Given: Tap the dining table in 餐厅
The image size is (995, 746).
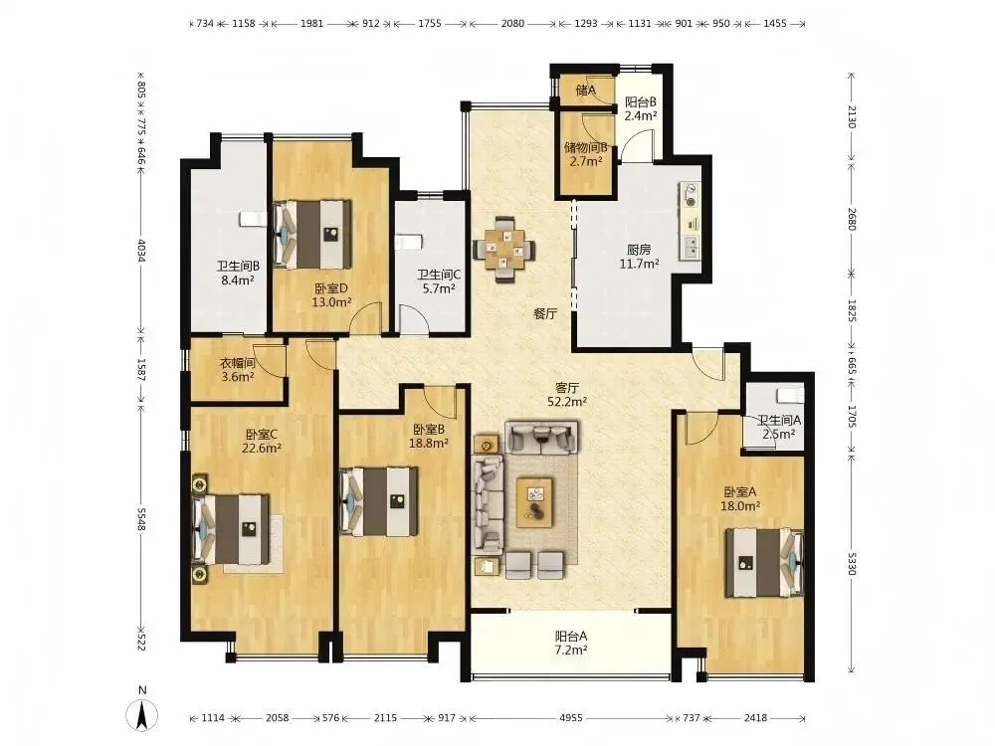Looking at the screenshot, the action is pos(503,250).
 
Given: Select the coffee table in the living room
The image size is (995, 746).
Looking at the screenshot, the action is pos(534,502).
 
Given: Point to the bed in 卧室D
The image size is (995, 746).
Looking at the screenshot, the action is pos(312,235).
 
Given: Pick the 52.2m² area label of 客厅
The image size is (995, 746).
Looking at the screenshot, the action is pos(567,401).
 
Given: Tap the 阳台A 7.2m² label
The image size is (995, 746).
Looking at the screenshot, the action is pos(571,643).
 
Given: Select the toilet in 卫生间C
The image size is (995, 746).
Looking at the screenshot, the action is pos(407,243).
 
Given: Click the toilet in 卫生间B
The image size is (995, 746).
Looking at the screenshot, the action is pos(252,219).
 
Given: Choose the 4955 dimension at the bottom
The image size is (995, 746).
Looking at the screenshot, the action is pos(571,718).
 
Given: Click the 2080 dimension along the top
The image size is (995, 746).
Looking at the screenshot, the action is pos(512,24).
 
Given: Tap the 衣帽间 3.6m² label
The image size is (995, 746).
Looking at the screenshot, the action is pos(238,370).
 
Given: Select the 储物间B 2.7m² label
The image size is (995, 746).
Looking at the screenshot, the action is pos(586,154).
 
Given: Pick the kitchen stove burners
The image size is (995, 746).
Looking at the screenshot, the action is pos(690,195).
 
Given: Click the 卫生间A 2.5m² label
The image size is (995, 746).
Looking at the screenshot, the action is pos(779,427).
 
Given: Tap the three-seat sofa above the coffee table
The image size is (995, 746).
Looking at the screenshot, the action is pos(541,437).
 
